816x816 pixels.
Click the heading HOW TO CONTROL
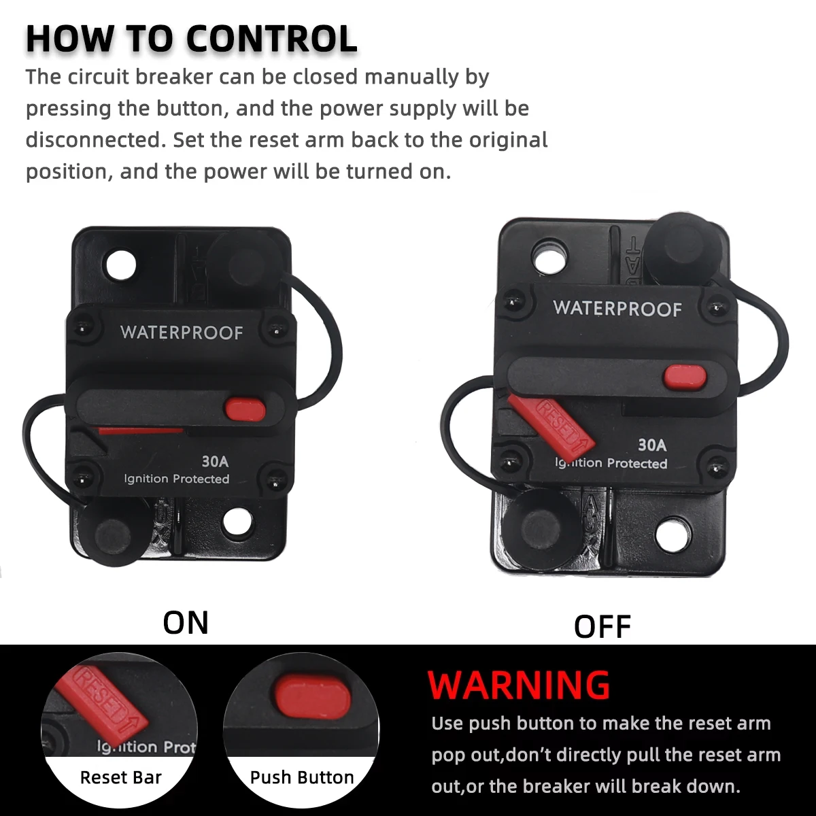(191, 39)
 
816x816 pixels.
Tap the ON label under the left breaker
(186, 623)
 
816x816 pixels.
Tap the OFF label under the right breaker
(602, 627)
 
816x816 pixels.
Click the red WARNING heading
(519, 685)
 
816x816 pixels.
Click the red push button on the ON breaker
(245, 409)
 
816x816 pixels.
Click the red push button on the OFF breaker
(685, 377)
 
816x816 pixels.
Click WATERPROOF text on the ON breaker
(182, 333)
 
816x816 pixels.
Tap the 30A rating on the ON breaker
(215, 461)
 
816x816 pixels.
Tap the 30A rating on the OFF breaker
(652, 445)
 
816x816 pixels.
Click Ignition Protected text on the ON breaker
(177, 479)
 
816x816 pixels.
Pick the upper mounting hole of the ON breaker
(121, 265)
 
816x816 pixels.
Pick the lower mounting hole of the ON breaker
(237, 522)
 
